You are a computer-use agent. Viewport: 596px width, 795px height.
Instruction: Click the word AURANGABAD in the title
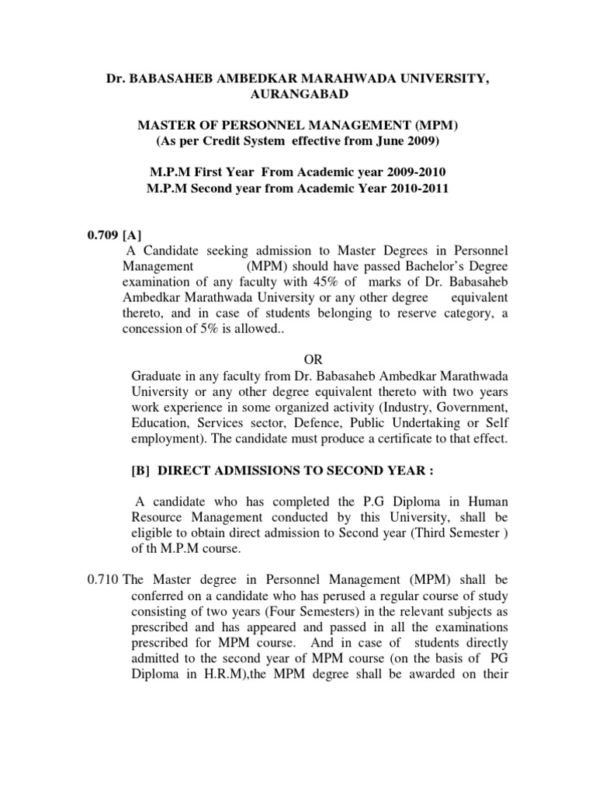coord(297,93)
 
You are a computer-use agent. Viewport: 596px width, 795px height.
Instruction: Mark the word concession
coord(153,330)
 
